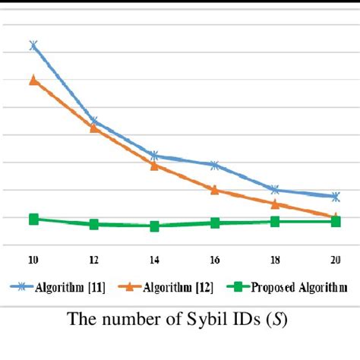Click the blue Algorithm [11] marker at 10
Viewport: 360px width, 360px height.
pyautogui.click(x=33, y=46)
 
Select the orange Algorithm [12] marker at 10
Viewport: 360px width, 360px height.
pyautogui.click(x=33, y=79)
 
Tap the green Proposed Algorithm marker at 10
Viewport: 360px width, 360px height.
pyautogui.click(x=33, y=219)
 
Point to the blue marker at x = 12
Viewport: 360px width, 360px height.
pyautogui.click(x=93, y=121)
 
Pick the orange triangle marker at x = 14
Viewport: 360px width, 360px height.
pyautogui.click(x=154, y=165)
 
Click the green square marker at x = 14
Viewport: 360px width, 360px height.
pyautogui.click(x=154, y=226)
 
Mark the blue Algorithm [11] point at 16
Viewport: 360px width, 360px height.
pyautogui.click(x=215, y=165)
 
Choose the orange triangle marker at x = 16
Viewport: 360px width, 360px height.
pyautogui.click(x=215, y=190)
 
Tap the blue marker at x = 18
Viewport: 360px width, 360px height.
pyautogui.click(x=275, y=189)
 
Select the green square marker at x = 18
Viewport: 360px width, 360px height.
pyautogui.click(x=275, y=222)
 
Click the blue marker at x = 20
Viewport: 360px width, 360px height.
pyautogui.click(x=335, y=197)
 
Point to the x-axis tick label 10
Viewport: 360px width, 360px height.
pyautogui.click(x=33, y=260)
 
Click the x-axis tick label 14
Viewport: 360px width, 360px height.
pyautogui.click(x=154, y=260)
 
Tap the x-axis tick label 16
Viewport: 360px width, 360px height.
pyautogui.click(x=215, y=260)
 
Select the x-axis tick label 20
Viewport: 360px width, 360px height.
pyautogui.click(x=335, y=260)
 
